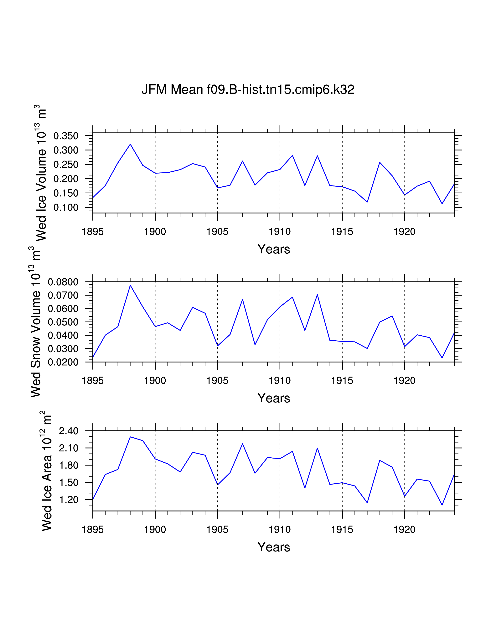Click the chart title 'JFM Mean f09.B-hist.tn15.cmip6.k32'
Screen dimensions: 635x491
point(248,89)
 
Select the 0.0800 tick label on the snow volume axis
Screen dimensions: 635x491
point(63,282)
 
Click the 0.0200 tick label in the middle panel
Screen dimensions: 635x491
point(63,362)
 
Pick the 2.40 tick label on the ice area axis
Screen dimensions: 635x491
point(69,431)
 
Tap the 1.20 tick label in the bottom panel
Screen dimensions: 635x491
point(69,500)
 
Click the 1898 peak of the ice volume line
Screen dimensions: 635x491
point(130,144)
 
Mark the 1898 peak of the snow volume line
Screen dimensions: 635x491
point(130,285)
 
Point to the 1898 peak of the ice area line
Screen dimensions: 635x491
point(130,437)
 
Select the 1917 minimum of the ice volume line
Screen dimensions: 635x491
point(367,202)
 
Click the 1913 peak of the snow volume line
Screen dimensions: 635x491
point(317,295)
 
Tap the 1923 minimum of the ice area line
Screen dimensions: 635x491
point(442,505)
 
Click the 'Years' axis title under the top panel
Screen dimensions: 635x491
point(274,249)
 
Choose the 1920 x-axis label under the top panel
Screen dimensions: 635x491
point(404,232)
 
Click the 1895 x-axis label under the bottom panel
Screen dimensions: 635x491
point(93,530)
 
